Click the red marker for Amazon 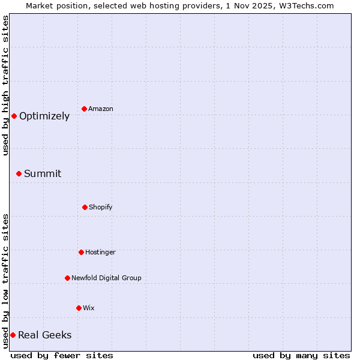pos(85,109)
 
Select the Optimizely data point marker pos(14,116)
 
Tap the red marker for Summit pos(19,173)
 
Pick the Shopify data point pos(85,207)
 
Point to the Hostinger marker pos(81,252)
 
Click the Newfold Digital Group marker pos(67,278)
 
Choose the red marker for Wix pos(79,308)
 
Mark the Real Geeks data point pos(13,335)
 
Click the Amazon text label pos(101,109)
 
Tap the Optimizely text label pos(44,116)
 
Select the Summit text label pos(43,174)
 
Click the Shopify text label pos(101,207)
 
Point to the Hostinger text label pos(100,252)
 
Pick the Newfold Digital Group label pos(106,278)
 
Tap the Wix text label pos(89,308)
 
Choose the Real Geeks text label pos(45,335)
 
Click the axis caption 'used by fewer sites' pos(62,355)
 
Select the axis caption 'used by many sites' pos(301,355)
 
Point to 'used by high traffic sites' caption pos(5,85)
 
